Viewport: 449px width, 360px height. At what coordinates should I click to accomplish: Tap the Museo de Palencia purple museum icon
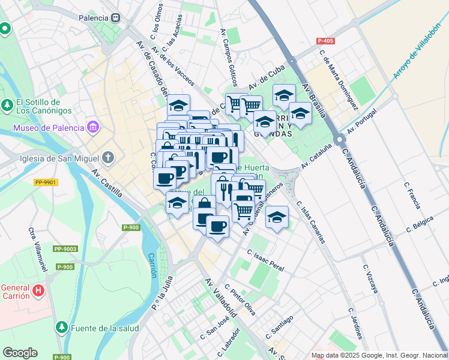[x=92, y=127]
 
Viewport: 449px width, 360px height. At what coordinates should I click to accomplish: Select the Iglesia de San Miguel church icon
[x=107, y=158]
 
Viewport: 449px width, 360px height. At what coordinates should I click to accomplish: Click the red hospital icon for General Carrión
[x=38, y=291]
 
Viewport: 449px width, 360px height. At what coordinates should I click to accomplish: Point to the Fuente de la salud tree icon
[x=61, y=328]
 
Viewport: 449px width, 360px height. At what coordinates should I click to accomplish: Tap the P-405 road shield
[x=325, y=41]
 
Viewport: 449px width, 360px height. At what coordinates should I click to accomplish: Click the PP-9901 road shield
[x=46, y=182]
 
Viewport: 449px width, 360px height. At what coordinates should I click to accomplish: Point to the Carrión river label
[x=152, y=265]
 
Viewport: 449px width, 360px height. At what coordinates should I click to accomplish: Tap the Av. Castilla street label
[x=107, y=182]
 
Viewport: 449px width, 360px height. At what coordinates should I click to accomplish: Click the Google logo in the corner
[x=20, y=353]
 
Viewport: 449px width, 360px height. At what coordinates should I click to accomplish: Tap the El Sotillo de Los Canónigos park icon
[x=7, y=106]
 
